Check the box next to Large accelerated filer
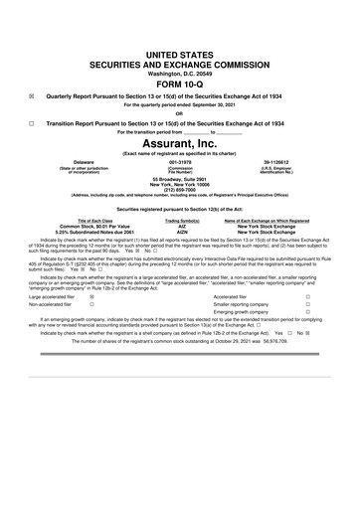(92, 323)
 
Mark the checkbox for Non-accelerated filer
(92, 332)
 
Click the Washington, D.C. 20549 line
(180, 74)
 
